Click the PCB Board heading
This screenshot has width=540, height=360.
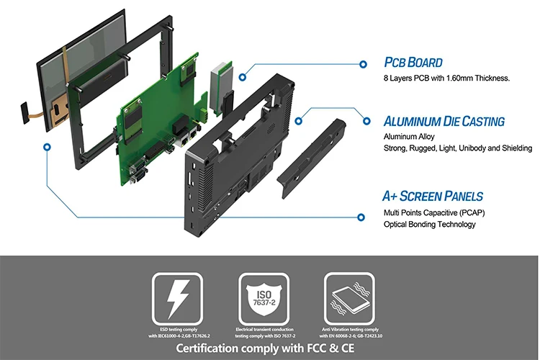413,63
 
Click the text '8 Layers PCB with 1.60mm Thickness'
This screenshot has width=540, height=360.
446,78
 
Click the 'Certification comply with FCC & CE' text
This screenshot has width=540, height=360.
270,349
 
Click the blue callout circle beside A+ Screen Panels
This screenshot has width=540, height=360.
361,215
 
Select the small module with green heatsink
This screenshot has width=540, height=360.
220,83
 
